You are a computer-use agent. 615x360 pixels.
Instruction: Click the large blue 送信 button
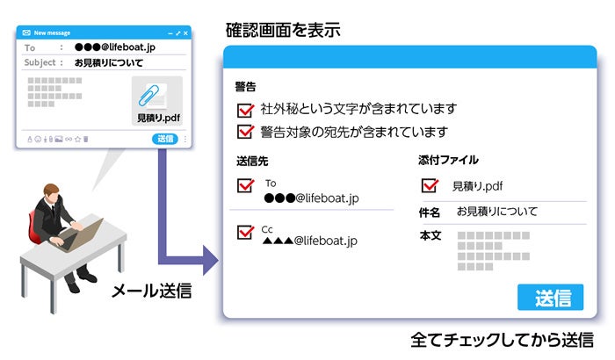[550, 297]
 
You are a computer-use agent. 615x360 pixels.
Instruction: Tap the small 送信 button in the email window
[164, 139]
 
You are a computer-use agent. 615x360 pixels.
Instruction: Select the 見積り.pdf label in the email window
[157, 118]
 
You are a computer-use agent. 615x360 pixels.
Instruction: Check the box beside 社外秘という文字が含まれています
[246, 111]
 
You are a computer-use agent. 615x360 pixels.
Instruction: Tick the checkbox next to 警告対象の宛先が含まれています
[246, 133]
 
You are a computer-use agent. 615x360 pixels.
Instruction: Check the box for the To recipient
[246, 186]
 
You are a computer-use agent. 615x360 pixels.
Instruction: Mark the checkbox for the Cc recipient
[246, 233]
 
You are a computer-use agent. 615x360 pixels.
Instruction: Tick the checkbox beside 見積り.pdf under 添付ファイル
[430, 186]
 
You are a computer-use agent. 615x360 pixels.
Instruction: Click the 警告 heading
[246, 87]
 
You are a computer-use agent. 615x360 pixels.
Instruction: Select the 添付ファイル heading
[448, 161]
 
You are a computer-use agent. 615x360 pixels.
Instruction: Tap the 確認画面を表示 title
[281, 32]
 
